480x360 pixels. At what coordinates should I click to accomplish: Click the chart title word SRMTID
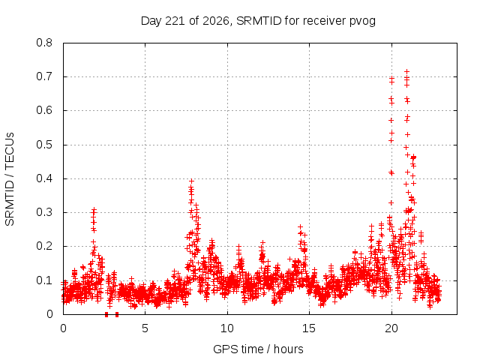click(259, 21)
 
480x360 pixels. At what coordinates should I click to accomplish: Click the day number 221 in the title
click(175, 21)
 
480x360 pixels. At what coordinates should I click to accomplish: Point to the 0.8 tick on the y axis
click(44, 43)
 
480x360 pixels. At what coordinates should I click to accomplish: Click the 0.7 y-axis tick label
click(44, 76)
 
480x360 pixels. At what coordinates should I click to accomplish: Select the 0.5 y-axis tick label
click(44, 145)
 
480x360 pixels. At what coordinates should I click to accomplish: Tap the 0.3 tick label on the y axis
click(44, 212)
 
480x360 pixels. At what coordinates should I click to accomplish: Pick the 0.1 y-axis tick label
click(44, 280)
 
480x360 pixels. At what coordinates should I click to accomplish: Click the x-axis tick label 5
click(145, 328)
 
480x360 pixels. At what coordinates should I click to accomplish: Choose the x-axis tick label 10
click(227, 328)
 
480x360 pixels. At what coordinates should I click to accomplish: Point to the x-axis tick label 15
click(309, 328)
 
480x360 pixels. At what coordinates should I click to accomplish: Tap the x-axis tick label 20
click(391, 328)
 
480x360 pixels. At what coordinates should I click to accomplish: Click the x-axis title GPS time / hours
click(258, 349)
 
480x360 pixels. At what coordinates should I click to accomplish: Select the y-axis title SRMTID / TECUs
click(10, 179)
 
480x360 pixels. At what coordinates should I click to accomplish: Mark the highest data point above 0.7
click(406, 72)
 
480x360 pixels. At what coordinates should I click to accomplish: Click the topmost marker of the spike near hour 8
click(192, 181)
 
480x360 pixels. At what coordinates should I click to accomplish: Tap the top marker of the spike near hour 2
click(94, 210)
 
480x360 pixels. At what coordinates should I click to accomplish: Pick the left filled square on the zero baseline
click(106, 314)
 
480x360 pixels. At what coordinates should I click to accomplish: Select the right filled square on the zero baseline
click(117, 314)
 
